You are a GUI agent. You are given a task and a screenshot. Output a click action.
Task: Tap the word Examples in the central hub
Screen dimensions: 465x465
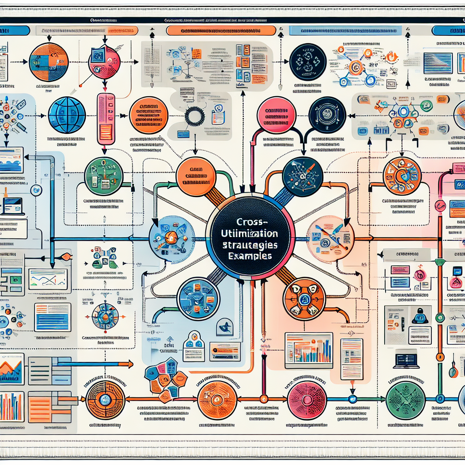click(x=250, y=256)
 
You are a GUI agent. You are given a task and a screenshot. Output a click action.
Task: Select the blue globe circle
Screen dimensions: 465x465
click(x=67, y=115)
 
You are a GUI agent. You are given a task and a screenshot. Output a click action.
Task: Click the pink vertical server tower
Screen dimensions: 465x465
click(x=105, y=118)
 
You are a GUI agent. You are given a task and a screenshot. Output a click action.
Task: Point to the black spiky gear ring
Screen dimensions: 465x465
click(x=195, y=116)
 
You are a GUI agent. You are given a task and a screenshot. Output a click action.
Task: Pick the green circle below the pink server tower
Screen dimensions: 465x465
click(x=104, y=176)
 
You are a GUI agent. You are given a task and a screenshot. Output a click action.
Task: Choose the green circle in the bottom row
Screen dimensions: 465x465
click(x=405, y=401)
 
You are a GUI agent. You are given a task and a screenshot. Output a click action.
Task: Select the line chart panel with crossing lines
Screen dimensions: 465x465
click(x=48, y=279)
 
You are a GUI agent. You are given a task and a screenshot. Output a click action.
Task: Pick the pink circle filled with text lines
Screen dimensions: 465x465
click(x=277, y=116)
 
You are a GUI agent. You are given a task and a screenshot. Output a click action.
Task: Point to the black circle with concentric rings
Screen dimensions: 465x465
click(x=327, y=115)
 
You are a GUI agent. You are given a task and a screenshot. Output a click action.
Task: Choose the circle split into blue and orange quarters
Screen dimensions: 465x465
click(x=48, y=62)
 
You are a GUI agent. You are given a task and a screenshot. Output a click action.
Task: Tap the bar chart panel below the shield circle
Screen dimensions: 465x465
click(x=308, y=350)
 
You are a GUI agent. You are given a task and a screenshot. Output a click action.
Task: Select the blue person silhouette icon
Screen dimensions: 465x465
click(x=420, y=316)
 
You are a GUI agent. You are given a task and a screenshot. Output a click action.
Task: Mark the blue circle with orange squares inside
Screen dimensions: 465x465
click(x=198, y=298)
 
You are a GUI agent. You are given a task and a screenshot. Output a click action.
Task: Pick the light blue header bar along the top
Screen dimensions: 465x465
click(x=346, y=30)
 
